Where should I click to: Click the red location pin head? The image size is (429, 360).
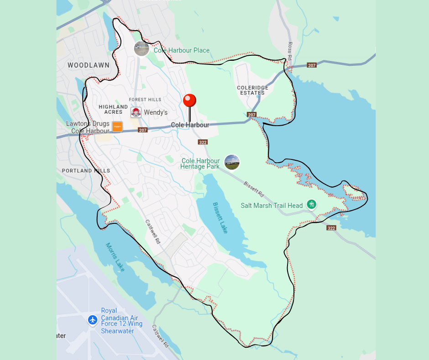(x=189, y=101)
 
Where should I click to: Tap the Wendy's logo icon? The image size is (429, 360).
(x=136, y=112)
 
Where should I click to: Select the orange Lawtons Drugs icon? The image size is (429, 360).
(x=117, y=127)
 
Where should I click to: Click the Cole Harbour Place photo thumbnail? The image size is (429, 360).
(x=141, y=48)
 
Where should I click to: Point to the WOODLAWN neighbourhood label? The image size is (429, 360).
(x=89, y=65)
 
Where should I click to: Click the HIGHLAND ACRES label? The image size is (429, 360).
(x=113, y=109)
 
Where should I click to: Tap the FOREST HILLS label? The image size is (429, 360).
(x=145, y=100)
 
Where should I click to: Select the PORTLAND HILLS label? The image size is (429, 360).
(x=86, y=171)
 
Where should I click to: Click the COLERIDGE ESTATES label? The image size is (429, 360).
(x=252, y=90)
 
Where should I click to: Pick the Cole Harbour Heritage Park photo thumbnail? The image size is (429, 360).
(x=232, y=162)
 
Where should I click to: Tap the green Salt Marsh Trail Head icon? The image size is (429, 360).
(x=312, y=204)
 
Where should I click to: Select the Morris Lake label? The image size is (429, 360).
(x=115, y=257)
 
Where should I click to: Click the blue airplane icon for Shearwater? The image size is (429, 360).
(x=93, y=320)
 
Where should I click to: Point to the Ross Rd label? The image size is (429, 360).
(x=290, y=50)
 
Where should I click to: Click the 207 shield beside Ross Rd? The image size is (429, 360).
(x=312, y=65)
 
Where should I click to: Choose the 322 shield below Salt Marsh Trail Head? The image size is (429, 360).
(x=331, y=228)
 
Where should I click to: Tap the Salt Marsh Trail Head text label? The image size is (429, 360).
(x=272, y=206)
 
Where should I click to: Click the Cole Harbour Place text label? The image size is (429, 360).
(x=182, y=50)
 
